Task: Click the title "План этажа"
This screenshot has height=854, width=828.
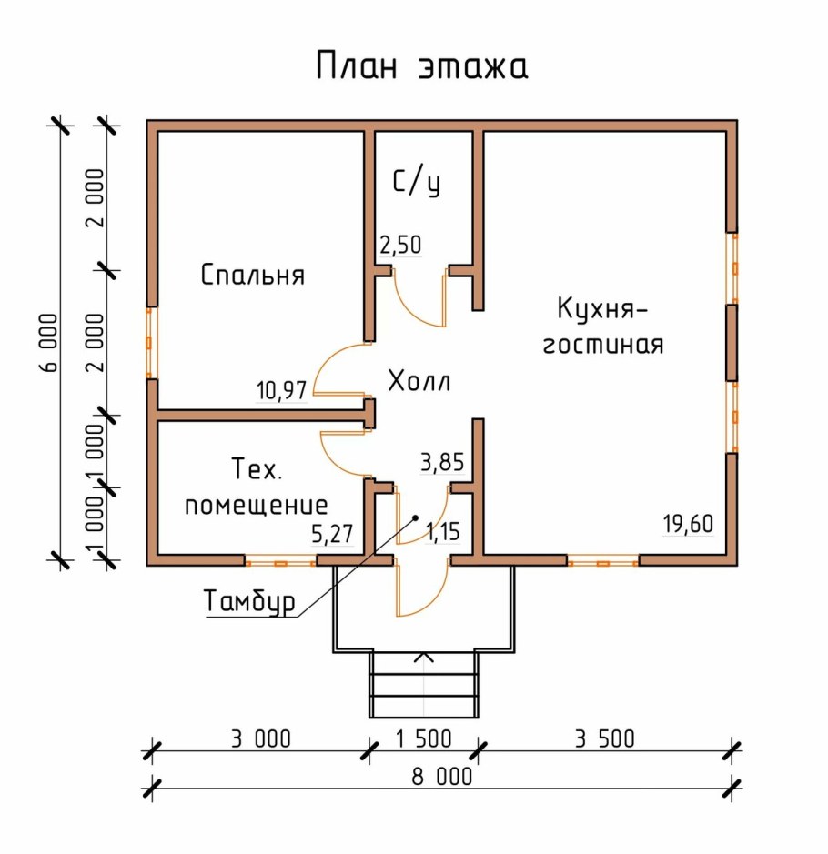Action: click(422, 67)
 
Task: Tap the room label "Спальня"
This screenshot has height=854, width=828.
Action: click(252, 275)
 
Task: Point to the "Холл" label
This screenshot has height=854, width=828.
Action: click(419, 382)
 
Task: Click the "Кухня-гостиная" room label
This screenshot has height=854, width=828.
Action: click(602, 327)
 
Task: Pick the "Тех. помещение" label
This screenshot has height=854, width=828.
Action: click(256, 487)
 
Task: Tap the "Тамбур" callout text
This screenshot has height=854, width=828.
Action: click(250, 602)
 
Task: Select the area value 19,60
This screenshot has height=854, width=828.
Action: click(688, 525)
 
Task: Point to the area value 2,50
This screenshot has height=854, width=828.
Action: click(399, 246)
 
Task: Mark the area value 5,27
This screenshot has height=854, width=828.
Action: click(332, 534)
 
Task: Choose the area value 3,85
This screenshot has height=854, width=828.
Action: click(442, 463)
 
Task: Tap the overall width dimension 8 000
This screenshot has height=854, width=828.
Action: click(442, 777)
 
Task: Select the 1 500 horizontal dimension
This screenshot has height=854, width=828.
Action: click(423, 738)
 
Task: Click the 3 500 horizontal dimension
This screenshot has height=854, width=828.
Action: click(604, 738)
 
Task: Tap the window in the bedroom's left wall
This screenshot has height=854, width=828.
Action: click(152, 342)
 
